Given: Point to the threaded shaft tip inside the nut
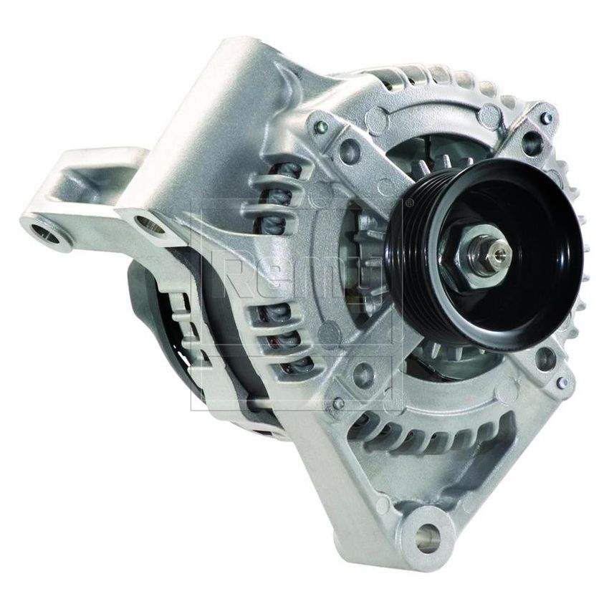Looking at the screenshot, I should tap(499, 249).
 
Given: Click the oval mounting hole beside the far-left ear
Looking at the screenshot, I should tap(149, 226).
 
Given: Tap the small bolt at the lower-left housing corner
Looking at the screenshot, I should tap(337, 403).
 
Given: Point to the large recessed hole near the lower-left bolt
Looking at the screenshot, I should tap(364, 373).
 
